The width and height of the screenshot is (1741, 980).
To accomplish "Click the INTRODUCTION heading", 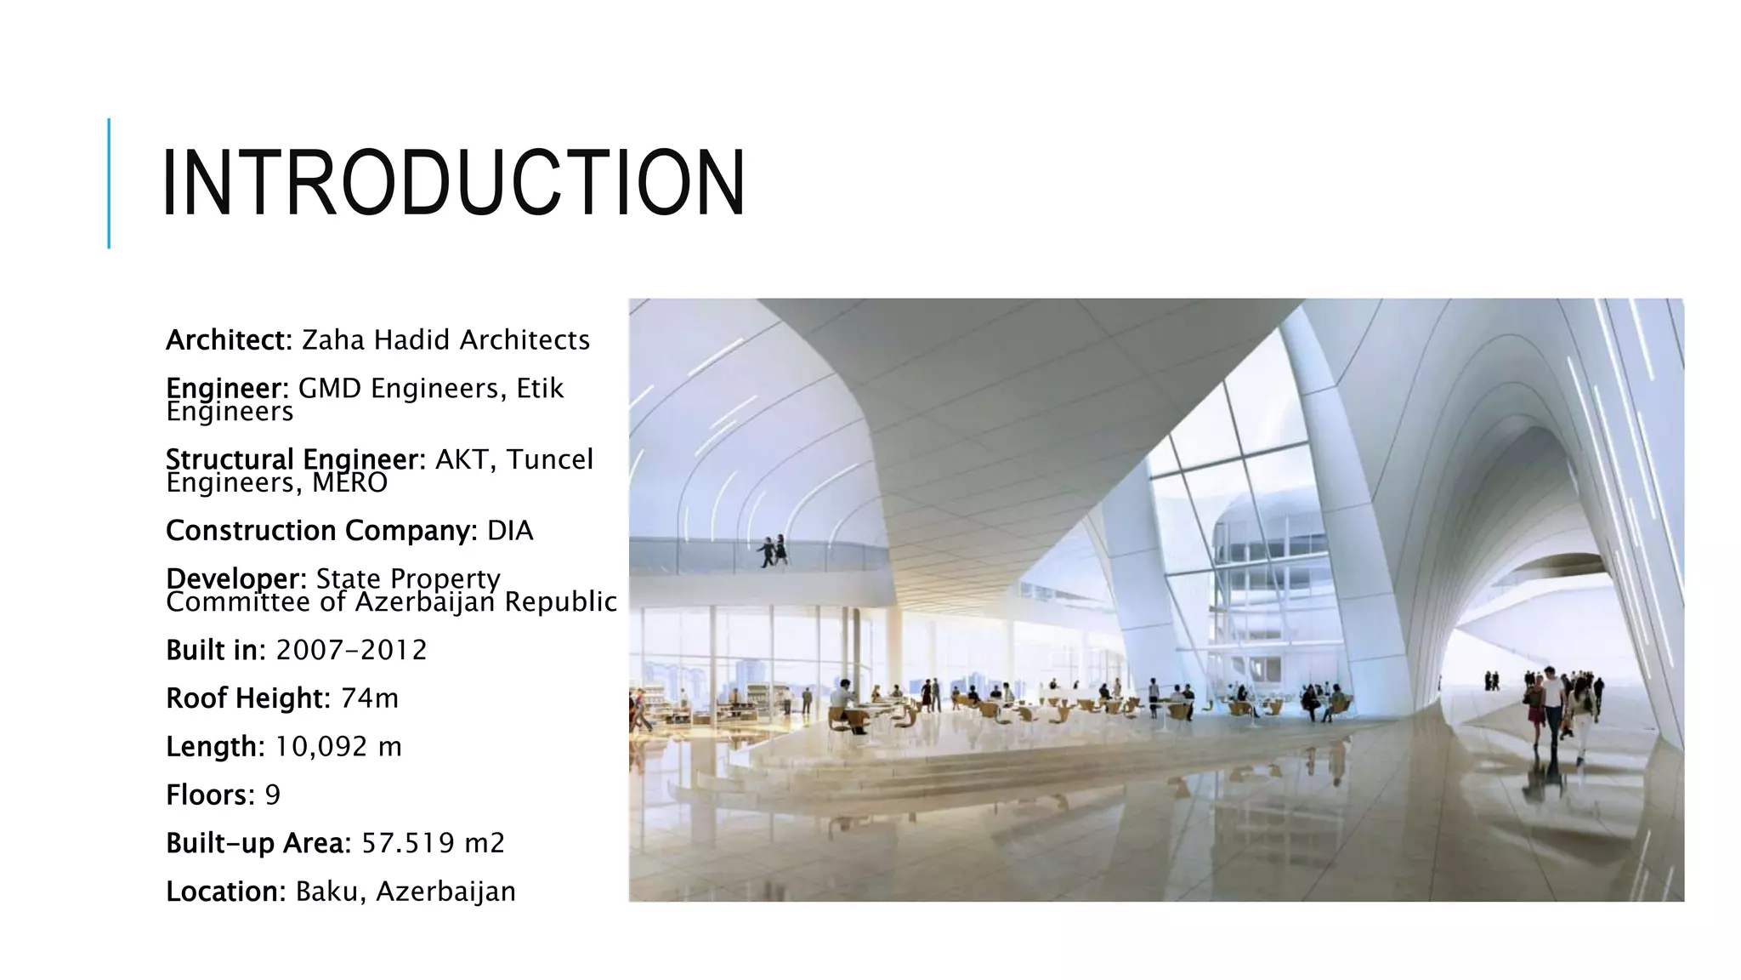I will (453, 183).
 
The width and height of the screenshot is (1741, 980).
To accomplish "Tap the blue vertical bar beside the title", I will (109, 183).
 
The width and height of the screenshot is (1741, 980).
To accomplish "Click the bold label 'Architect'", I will (228, 340).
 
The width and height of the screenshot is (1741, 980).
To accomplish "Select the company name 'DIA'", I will (510, 531).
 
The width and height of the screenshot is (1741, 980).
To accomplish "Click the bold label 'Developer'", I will (235, 578).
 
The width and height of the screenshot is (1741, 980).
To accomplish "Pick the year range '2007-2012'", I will (351, 651).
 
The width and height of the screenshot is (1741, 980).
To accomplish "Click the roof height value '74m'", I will (370, 698).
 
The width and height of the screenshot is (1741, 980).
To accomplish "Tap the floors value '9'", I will (272, 795).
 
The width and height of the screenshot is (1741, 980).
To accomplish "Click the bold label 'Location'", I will (224, 892).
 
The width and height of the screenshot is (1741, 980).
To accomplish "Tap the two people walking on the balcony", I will (773, 551).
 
